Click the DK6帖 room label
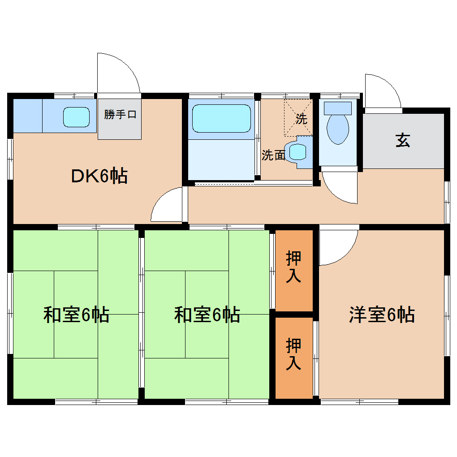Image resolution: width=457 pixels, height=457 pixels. coord(99,176)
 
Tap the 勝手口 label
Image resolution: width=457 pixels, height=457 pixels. coord(120,114)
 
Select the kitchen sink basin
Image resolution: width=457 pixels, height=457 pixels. coord(76,117)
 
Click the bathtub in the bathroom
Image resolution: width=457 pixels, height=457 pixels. coord(221,118)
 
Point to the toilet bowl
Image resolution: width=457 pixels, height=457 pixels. coord(338,129)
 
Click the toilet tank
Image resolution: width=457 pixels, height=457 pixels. coord(338,108)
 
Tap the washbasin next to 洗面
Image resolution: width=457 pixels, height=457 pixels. coord(298,152)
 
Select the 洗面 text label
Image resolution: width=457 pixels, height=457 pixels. coord(273,155)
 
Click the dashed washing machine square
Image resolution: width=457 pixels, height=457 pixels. coord(298,118)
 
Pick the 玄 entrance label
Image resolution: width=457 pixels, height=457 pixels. coord(403,140)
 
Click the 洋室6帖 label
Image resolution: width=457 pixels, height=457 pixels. coord(382,315)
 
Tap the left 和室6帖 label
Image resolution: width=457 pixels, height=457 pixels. coord(76,315)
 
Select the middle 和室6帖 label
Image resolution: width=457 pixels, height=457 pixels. coord(207,315)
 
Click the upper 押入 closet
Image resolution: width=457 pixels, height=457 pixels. coord(294,271)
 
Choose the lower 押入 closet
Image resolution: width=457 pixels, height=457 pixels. coord(294,358)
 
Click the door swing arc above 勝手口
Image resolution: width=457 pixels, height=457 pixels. coord(127,65)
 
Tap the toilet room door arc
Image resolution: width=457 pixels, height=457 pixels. coord(333,194)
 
